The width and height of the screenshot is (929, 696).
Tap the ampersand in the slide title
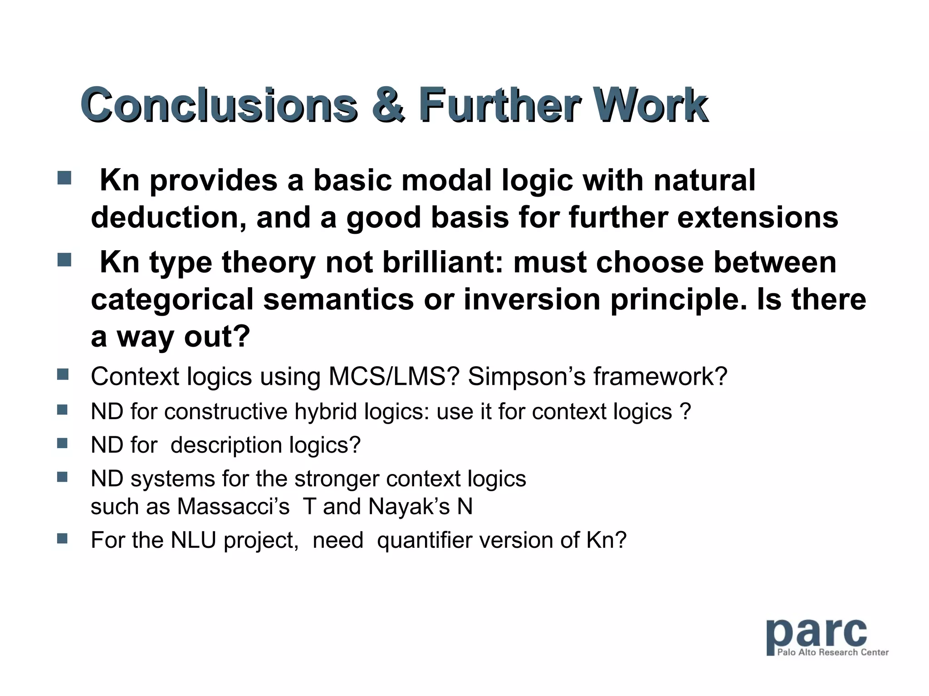click(387, 105)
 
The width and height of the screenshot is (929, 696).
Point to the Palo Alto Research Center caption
click(832, 652)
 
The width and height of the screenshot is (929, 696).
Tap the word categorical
click(172, 300)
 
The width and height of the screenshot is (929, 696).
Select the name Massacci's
click(233, 507)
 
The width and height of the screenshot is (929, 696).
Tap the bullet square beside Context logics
click(63, 374)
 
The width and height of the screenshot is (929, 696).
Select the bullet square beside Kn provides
click(64, 178)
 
